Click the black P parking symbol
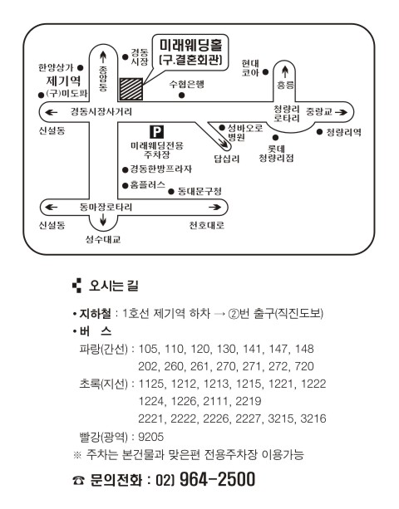tap(156, 132)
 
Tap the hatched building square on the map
tap(131, 89)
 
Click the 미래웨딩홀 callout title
tap(190, 45)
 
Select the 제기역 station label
tap(63, 81)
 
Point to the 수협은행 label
tap(186, 84)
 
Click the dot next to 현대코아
tap(265, 71)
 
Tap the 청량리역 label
tap(343, 132)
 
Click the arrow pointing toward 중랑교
tap(341, 112)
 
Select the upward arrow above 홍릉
tap(285, 72)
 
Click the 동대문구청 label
tap(199, 191)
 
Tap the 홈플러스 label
tap(147, 185)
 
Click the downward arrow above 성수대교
tap(103, 220)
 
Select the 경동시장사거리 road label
tap(101, 112)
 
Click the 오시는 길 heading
tap(114, 286)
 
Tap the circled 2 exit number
tap(234, 314)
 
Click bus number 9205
tap(150, 437)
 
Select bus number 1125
tap(151, 384)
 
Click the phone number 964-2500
tap(217, 479)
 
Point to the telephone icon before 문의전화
tap(78, 480)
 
